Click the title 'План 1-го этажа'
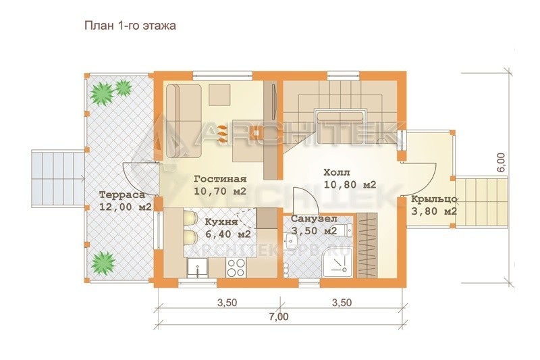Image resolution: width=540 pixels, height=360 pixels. [130, 26]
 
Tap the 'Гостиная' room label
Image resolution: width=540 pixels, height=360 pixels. [220, 179]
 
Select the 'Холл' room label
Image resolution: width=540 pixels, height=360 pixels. [336, 172]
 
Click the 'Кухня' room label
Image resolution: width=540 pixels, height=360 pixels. [221, 222]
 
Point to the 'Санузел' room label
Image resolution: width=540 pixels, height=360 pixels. [314, 219]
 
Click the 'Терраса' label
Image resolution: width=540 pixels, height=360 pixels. [122, 195]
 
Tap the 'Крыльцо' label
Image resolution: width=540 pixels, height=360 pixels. [434, 199]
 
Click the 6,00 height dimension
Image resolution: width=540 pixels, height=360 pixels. [502, 162]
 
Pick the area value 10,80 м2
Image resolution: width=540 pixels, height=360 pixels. [350, 185]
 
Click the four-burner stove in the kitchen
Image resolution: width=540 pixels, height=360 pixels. [236, 267]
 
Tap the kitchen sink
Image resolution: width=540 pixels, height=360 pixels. [197, 267]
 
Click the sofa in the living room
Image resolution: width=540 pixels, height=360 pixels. [184, 121]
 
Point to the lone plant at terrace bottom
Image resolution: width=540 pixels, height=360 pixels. [103, 262]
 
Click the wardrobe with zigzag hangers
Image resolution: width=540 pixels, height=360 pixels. [367, 245]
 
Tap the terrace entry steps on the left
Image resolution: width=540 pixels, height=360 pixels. [58, 178]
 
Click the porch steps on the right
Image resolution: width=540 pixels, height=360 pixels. [481, 201]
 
